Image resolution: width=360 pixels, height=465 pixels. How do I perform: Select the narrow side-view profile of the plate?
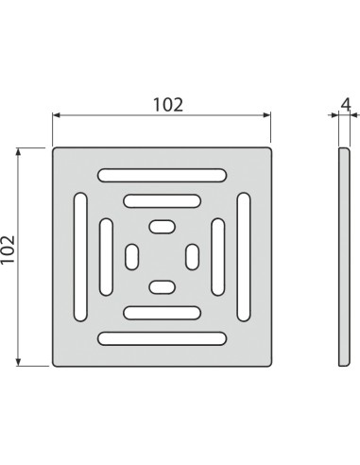tap(341, 255)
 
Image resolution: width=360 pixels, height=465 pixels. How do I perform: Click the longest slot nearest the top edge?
tap(162, 174)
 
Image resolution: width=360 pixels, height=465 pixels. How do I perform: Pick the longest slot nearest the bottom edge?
tap(162, 338)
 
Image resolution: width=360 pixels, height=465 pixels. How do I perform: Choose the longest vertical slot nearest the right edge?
tap(244, 256)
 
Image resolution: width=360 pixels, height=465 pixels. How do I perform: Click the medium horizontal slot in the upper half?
tap(162, 200)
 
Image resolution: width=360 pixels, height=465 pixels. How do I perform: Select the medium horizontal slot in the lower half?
tap(162, 312)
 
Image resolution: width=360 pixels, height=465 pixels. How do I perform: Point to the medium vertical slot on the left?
tap(106, 256)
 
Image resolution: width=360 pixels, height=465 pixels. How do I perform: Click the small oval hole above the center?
tap(162, 227)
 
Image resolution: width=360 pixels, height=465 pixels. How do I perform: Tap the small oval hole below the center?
tap(162, 285)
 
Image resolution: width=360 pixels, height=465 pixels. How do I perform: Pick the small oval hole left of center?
tap(132, 256)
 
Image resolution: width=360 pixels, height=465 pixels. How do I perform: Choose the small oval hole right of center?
tap(191, 256)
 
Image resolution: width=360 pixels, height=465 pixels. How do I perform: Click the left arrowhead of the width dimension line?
tap(56, 115)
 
